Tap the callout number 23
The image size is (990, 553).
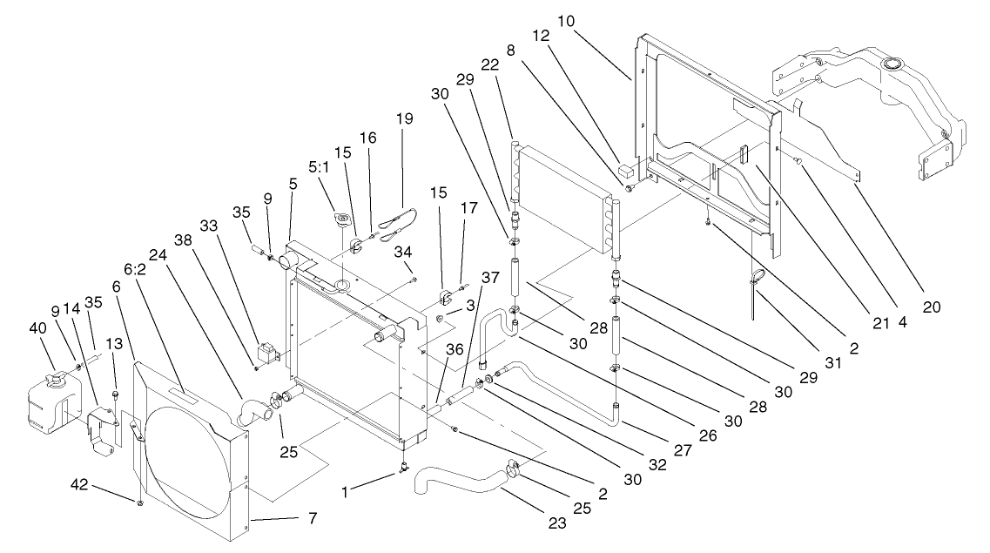coord(557,523)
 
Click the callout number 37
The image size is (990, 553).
coord(491,278)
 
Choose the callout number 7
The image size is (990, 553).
coord(311,518)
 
